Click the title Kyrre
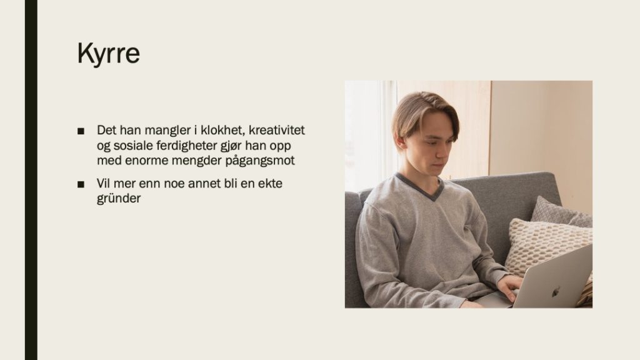pyautogui.click(x=109, y=54)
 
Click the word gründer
pyautogui.click(x=119, y=199)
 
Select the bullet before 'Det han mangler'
pyautogui.click(x=81, y=131)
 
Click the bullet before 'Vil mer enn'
pyautogui.click(x=81, y=184)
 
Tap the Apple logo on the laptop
pyautogui.click(x=555, y=292)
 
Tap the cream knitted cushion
pyautogui.click(x=545, y=246)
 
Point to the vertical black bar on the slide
pyautogui.click(x=31, y=180)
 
